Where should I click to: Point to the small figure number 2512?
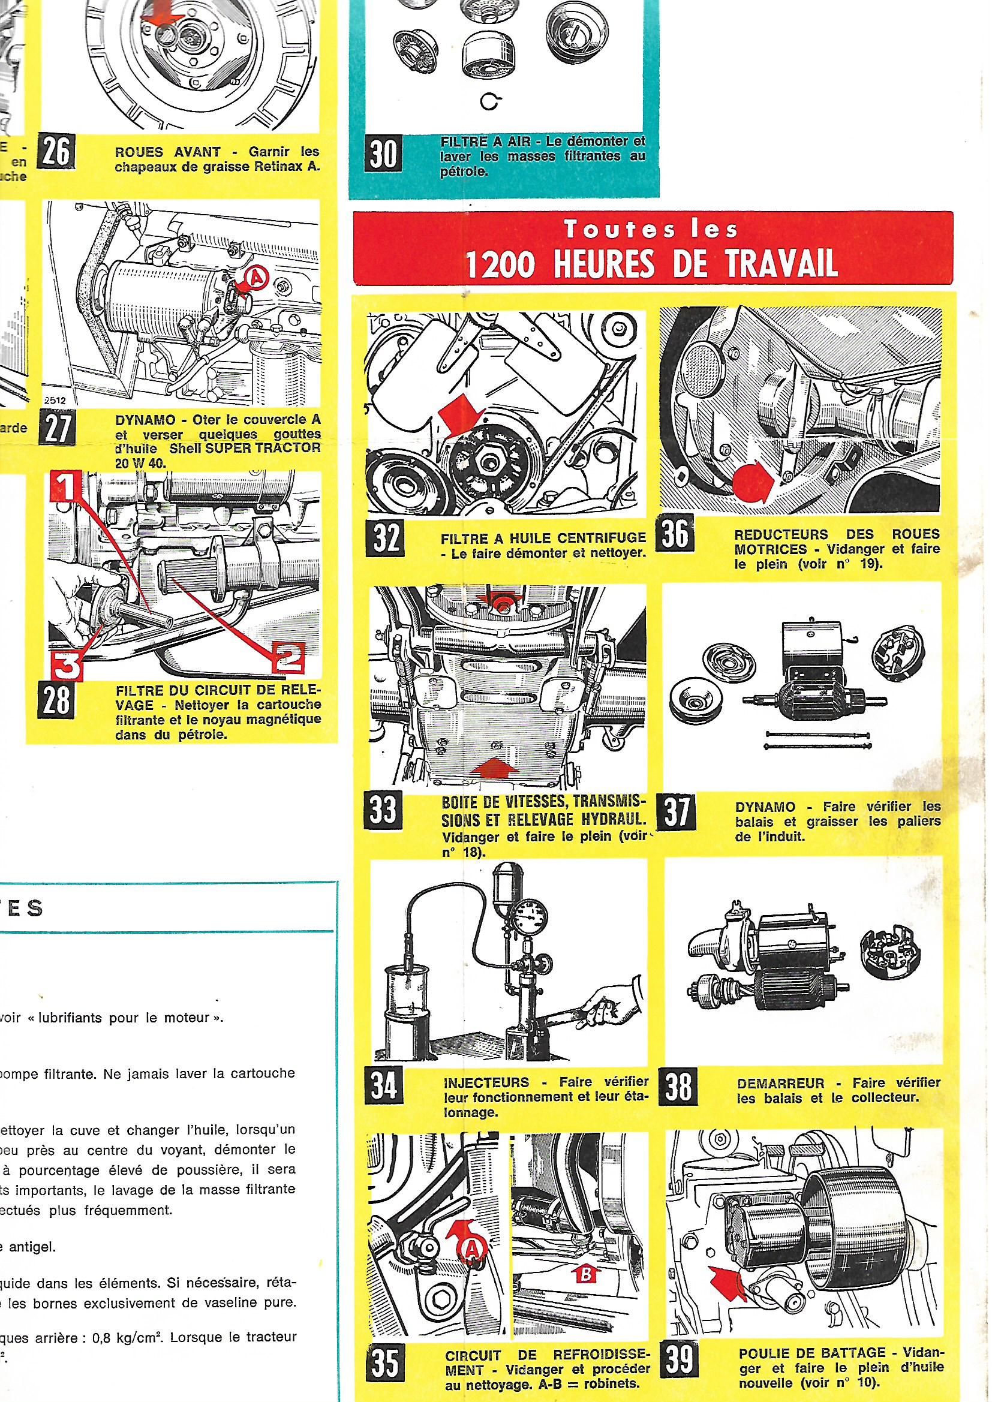(56, 402)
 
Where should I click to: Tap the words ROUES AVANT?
(167, 152)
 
